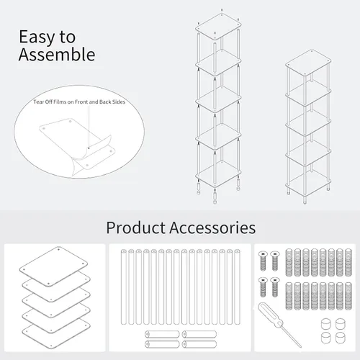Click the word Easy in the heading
tap(37, 37)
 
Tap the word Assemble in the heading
tap(57, 55)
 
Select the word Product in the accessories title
tap(136, 228)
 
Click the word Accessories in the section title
tap(212, 228)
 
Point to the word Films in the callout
tap(60, 102)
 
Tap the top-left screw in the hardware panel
tap(263, 261)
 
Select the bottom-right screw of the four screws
tap(275, 287)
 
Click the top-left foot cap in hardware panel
tap(326, 324)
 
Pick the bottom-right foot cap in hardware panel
tap(341, 338)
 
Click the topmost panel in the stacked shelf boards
tap(53, 266)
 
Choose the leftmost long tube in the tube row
tap(124, 287)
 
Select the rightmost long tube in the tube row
tap(237, 287)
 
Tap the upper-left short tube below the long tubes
tap(162, 334)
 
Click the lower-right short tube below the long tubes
tap(199, 344)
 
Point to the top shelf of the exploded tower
tap(218, 27)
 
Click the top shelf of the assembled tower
tap(308, 63)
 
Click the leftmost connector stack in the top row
tap(289, 263)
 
